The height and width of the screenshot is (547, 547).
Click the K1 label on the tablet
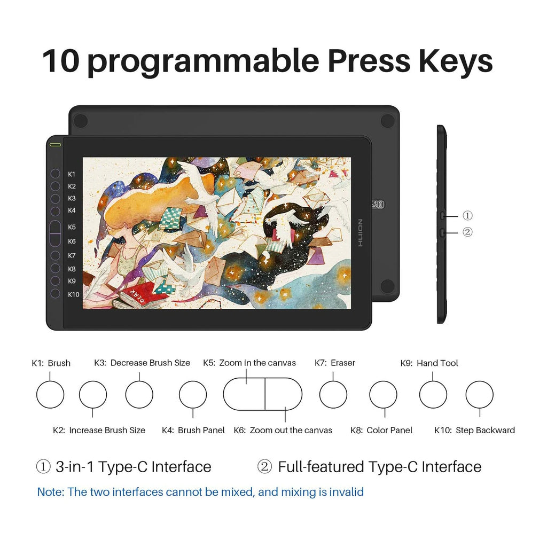coord(72,174)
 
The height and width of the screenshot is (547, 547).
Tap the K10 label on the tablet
coord(74,294)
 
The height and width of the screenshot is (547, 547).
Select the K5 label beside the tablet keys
coord(72,227)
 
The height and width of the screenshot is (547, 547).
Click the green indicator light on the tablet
coord(55,144)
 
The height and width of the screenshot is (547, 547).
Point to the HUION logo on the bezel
coord(360,233)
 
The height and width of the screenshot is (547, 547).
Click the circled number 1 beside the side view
coord(467,216)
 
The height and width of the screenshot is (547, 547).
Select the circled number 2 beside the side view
coord(467,232)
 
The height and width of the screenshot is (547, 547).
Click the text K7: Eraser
coord(334,363)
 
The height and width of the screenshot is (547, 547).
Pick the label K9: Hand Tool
coord(429,363)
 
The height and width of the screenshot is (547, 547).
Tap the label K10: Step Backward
coord(474,430)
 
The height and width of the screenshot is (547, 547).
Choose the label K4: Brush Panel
coord(193,430)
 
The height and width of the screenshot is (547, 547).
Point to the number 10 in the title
coord(61,61)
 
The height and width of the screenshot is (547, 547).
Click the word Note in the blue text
coord(51,492)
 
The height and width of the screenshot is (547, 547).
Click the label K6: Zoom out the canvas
coord(283,430)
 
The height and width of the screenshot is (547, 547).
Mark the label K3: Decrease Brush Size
coord(142,363)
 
